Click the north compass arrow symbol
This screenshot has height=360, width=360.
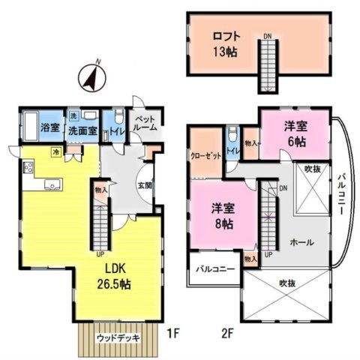(x=91, y=76)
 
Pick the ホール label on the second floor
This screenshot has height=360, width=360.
(x=301, y=243)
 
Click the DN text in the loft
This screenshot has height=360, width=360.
(x=268, y=34)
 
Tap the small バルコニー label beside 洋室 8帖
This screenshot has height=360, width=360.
(x=215, y=268)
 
